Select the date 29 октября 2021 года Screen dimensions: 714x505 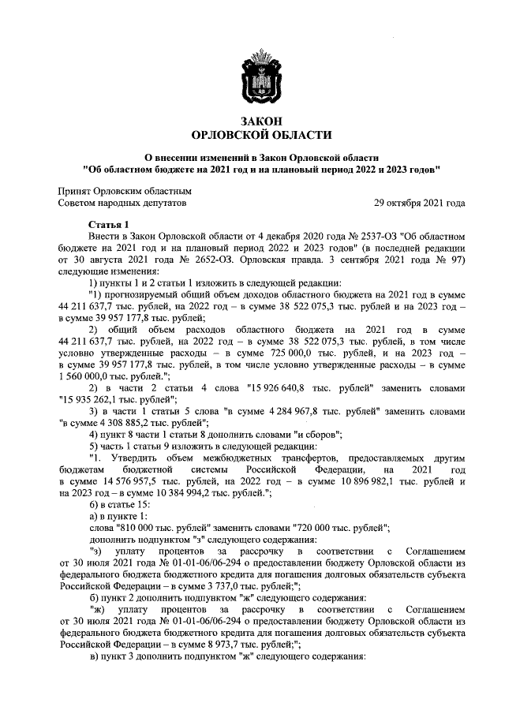tap(419, 203)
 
